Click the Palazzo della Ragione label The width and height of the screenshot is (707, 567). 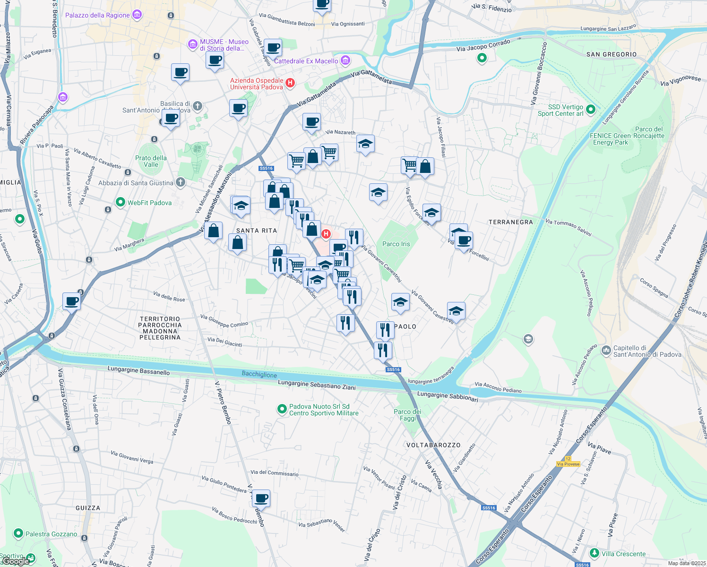(x=97, y=15)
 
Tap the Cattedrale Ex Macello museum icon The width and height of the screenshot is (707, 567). (x=345, y=60)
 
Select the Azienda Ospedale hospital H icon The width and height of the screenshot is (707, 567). (x=290, y=83)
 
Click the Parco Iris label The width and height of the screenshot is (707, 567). (x=396, y=244)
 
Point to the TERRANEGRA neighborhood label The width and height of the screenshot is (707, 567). (x=510, y=222)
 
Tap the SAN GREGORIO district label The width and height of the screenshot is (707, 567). (x=612, y=54)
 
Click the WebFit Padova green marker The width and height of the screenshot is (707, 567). (x=121, y=203)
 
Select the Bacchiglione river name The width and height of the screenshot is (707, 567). (x=259, y=374)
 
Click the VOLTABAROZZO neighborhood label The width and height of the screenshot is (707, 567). (x=433, y=445)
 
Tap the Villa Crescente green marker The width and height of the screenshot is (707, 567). (x=594, y=553)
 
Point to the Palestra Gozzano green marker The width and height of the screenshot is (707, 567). (x=18, y=533)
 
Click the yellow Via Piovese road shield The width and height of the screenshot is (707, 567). (x=568, y=464)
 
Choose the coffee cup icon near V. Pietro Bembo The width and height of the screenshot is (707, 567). (x=261, y=498)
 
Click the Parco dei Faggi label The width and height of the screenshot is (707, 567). (x=407, y=415)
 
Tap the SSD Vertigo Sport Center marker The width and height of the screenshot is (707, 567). (x=590, y=110)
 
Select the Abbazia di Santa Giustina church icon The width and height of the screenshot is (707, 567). (x=180, y=182)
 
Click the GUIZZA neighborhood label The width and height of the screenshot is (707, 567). (x=88, y=508)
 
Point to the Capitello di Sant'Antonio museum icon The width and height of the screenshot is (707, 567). (x=606, y=351)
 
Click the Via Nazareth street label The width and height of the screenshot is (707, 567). (x=340, y=132)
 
